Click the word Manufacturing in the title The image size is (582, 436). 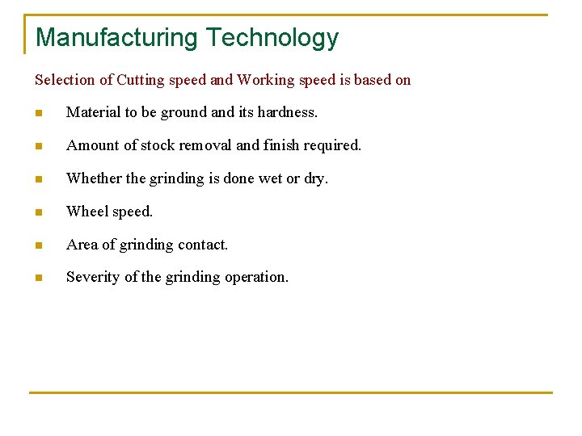116,38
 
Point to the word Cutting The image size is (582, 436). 141,80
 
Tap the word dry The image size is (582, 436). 315,178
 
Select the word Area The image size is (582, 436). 82,244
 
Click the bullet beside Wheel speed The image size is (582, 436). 38,212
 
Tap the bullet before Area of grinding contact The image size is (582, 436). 38,245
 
